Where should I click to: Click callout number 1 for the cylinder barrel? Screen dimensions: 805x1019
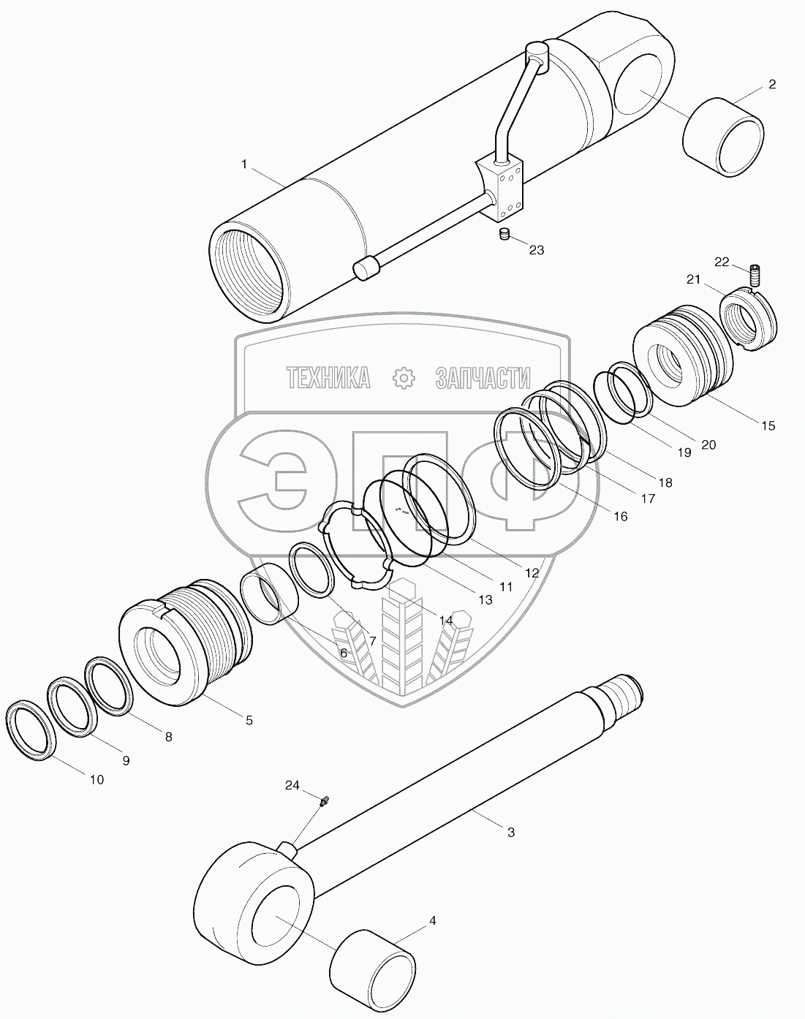(x=244, y=165)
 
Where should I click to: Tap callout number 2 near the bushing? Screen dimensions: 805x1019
(x=771, y=86)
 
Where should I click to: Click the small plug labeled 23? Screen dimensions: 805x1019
(x=503, y=235)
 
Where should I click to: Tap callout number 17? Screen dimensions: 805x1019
(x=648, y=499)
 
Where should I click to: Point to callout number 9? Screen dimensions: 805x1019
(x=126, y=760)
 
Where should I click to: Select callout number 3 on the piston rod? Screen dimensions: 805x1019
(x=510, y=832)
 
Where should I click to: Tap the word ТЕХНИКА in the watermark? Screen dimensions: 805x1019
(x=328, y=377)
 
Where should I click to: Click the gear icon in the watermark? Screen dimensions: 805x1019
(x=403, y=377)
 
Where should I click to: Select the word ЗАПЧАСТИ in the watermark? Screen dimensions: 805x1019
(x=483, y=377)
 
